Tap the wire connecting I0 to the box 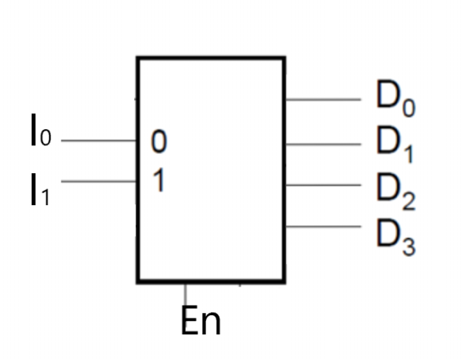click(99, 141)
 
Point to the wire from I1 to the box click(99, 182)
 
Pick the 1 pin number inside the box click(158, 182)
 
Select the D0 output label click(395, 99)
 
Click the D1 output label click(395, 143)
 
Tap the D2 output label click(395, 189)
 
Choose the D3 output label click(395, 232)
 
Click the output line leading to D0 click(323, 100)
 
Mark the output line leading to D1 click(323, 144)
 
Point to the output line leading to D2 click(323, 184)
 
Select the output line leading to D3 click(323, 227)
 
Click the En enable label click(201, 321)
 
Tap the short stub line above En click(185, 292)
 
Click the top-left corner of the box click(137, 58)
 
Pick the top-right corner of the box click(284, 58)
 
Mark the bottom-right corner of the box click(284, 281)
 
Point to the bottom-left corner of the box click(137, 281)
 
